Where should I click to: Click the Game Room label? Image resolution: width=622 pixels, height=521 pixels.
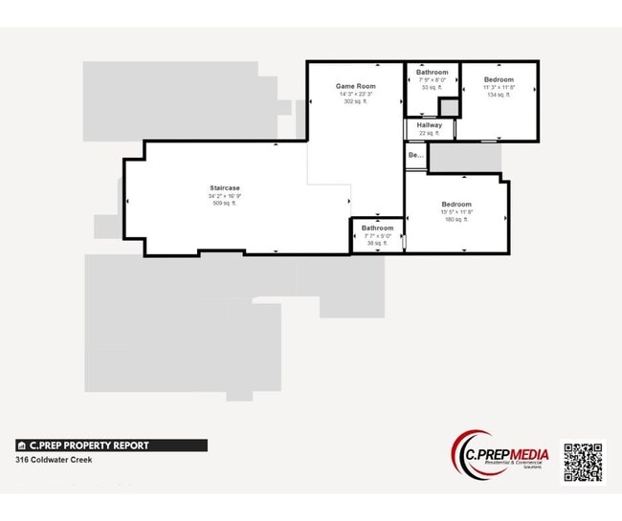(354, 86)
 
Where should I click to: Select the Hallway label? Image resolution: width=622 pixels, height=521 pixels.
(430, 125)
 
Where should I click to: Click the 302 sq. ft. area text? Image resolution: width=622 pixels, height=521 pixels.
(354, 101)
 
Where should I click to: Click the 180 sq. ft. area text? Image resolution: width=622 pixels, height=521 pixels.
(456, 220)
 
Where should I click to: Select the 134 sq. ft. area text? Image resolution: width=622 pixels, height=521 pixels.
(499, 95)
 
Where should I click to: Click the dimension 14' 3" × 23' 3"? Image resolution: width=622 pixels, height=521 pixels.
(354, 94)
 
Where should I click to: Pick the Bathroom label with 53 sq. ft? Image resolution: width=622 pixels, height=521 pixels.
(433, 73)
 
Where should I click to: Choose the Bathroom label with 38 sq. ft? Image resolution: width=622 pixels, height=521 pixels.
(377, 228)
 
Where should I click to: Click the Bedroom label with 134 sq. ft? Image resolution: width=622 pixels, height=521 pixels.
(499, 79)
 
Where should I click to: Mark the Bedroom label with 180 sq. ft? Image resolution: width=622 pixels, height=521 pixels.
(456, 205)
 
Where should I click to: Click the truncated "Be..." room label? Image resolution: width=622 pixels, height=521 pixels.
(415, 155)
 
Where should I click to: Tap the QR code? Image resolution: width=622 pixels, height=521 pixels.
(583, 463)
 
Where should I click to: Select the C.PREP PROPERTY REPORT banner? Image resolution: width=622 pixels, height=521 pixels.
(111, 445)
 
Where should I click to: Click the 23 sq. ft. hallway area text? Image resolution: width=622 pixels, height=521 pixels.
(430, 133)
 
